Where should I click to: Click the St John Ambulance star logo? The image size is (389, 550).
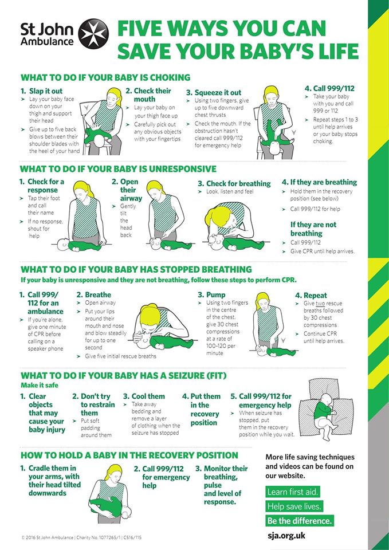pyautogui.click(x=93, y=34)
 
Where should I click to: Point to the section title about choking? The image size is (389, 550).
pyautogui.click(x=105, y=77)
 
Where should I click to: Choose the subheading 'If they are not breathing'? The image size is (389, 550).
pyautogui.click(x=313, y=229)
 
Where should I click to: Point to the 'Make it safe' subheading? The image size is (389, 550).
pyautogui.click(x=40, y=385)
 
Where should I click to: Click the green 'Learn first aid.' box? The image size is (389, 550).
pyautogui.click(x=293, y=492)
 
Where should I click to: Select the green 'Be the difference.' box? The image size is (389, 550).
pyautogui.click(x=299, y=521)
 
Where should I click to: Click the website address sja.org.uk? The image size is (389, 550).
pyautogui.click(x=286, y=536)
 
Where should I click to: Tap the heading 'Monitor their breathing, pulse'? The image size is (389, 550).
pyautogui.click(x=226, y=477)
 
